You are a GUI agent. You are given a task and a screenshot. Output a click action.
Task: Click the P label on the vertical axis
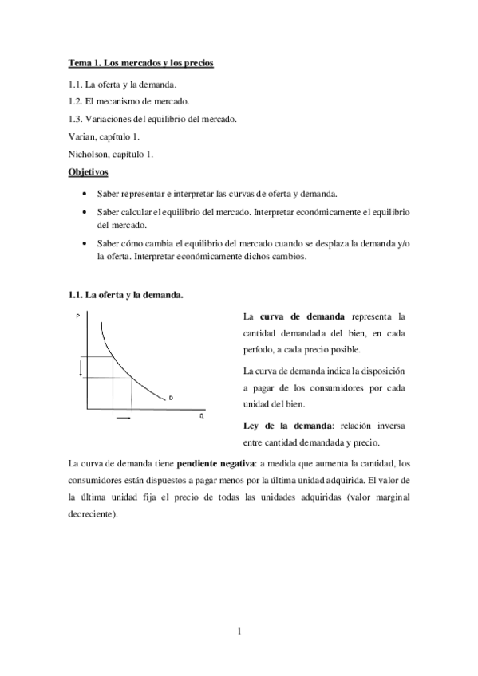coord(77,316)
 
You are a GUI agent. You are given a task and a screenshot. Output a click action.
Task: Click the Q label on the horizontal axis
coord(201,415)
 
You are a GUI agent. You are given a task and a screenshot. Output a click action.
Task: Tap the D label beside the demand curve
coord(171,397)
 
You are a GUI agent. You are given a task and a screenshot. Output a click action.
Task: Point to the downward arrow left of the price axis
coord(81,367)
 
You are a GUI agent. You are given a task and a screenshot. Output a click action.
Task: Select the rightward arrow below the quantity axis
coord(124,417)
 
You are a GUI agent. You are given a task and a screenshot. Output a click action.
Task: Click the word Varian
coord(83,137)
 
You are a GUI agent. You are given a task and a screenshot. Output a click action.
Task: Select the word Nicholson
coord(90,155)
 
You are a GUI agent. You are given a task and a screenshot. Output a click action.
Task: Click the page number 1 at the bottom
coord(239,633)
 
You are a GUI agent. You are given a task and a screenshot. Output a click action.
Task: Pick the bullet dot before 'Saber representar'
coord(85,194)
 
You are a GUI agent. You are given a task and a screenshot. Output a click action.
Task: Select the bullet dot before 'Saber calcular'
coord(85,212)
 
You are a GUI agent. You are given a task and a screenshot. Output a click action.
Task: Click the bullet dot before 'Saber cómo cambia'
coord(85,244)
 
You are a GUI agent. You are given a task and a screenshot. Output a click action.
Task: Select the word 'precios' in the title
coord(197,62)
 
